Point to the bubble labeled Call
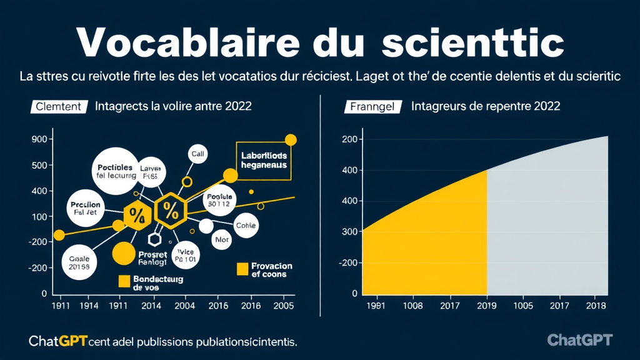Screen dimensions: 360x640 [x=197, y=153]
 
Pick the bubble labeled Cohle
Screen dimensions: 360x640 [x=245, y=226]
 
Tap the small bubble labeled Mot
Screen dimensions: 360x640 [x=222, y=239]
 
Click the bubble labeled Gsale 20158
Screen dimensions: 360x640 [x=80, y=262]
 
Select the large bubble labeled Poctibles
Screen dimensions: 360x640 [x=115, y=170]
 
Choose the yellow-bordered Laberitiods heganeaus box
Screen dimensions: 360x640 [x=263, y=161]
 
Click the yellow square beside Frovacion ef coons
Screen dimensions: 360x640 [x=242, y=269]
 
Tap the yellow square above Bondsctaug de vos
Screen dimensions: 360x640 [x=124, y=280]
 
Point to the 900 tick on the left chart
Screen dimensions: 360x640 [x=39, y=139]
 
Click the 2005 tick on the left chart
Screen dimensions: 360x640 [x=284, y=306]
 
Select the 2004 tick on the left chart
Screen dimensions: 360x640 [x=184, y=306]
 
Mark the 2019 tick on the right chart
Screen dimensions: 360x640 [x=486, y=306]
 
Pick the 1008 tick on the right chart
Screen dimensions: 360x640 [x=412, y=306]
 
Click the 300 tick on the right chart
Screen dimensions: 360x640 [x=350, y=232]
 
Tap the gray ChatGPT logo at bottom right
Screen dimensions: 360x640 [x=579, y=340]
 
